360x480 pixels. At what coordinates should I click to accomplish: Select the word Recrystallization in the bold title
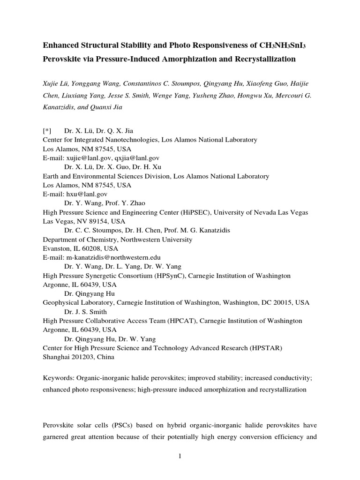click(265, 59)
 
